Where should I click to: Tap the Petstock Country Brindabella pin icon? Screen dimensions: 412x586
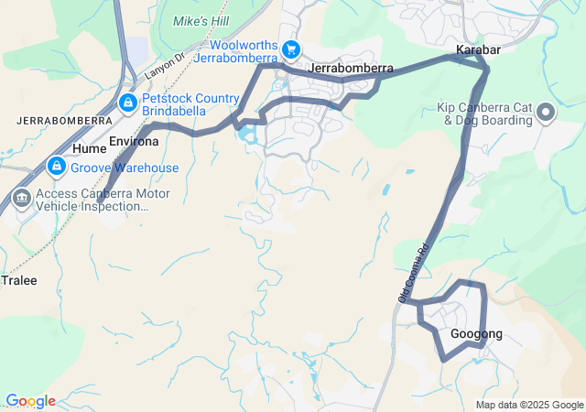127,102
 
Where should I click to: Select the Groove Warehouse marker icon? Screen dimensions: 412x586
57,167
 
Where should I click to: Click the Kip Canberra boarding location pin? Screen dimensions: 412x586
546,114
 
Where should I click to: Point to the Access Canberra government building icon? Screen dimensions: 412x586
20,199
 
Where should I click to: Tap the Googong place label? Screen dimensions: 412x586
476,334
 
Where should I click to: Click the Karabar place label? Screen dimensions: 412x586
475,49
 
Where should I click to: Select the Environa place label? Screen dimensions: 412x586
134,142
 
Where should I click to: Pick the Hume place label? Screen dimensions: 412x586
90,147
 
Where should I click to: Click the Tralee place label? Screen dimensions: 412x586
20,280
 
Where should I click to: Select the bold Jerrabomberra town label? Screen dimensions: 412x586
352,69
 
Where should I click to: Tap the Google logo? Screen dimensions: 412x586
29,401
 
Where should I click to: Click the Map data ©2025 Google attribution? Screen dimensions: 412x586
529,405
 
